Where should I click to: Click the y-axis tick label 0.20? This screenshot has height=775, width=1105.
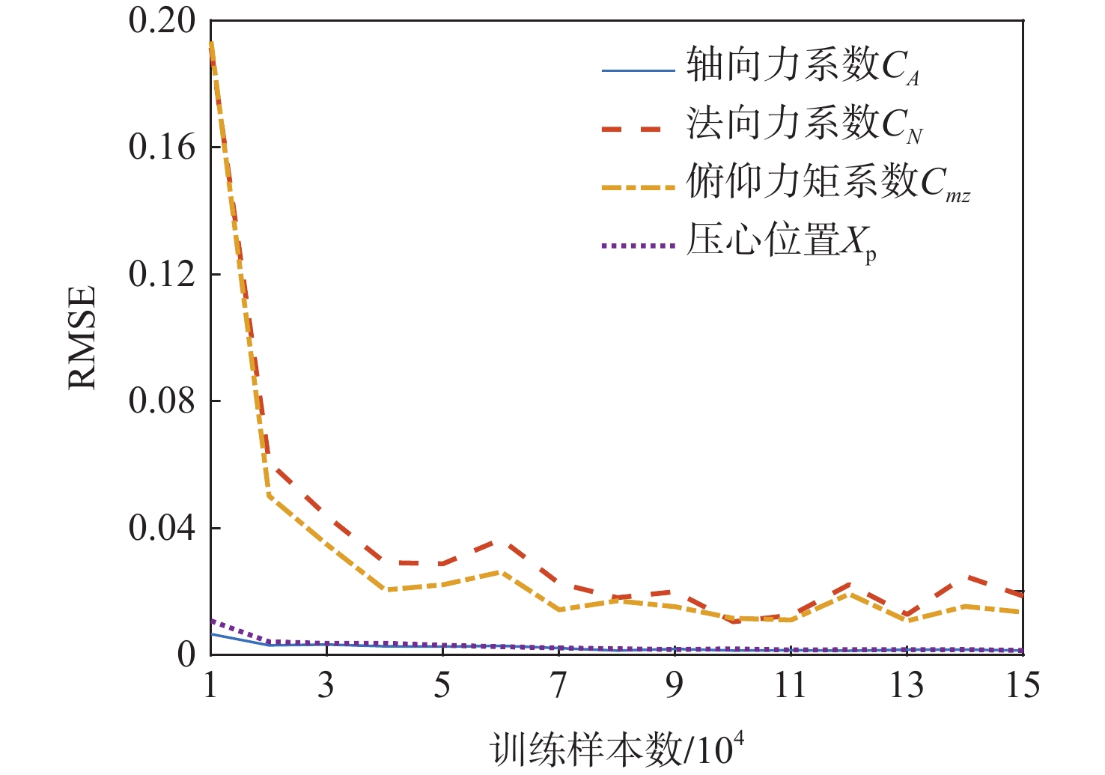(162, 21)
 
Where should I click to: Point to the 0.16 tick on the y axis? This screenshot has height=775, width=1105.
(162, 148)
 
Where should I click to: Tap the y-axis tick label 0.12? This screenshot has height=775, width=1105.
(162, 274)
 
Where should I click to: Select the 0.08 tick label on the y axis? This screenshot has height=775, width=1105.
(162, 401)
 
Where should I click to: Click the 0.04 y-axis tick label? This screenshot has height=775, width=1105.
(162, 528)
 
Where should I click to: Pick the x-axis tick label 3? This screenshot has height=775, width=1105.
(326, 685)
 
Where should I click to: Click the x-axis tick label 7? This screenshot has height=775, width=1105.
(558, 685)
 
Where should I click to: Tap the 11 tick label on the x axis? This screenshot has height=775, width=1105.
(791, 685)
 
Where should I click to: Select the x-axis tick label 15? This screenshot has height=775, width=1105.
(1023, 685)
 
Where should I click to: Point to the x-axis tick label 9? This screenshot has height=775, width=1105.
(675, 685)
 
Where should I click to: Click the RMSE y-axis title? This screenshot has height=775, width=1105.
(83, 337)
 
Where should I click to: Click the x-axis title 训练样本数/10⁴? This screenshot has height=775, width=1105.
(618, 750)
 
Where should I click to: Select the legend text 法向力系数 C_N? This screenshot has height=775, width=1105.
(804, 124)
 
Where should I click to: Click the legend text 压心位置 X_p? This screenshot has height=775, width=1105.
(781, 242)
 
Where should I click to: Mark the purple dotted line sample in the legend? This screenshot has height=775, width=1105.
(639, 245)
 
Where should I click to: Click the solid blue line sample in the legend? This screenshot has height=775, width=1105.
(639, 71)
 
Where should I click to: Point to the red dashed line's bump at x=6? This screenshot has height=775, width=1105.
(500, 541)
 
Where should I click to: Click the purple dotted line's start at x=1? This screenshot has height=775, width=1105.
(211, 621)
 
